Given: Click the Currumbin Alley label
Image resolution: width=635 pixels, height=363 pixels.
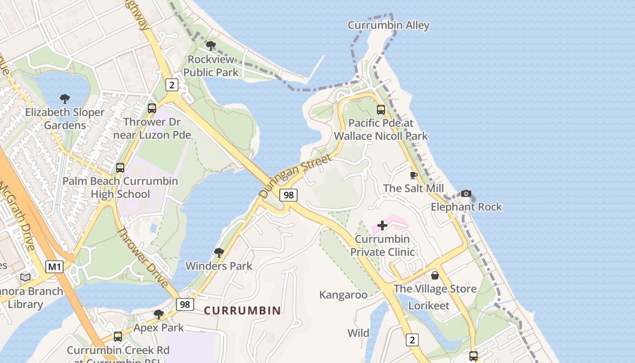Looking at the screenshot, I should tap(388, 25).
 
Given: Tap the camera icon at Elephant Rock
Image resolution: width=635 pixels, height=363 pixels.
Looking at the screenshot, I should tap(466, 194).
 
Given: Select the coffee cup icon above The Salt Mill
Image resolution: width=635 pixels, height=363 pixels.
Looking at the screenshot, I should tap(413, 175).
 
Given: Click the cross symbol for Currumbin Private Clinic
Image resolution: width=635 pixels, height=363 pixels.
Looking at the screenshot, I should tap(382, 225).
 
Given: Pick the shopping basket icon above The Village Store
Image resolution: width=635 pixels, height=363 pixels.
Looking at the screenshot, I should tap(435, 275).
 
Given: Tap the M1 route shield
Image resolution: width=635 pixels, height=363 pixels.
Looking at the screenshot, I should tap(54, 267).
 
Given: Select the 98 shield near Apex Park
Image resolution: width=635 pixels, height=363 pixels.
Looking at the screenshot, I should tap(185, 304).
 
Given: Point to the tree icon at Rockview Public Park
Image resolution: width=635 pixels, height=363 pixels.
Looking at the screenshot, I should tap(210, 45).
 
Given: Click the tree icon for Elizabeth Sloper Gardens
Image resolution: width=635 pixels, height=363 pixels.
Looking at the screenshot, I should tap(65, 98).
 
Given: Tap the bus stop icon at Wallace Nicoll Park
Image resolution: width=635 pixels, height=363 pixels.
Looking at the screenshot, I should tap(381, 109).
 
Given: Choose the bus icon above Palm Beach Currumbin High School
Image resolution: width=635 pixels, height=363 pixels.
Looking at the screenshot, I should tap(120, 167).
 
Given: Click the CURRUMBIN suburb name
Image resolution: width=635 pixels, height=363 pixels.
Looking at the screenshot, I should tap(242, 311).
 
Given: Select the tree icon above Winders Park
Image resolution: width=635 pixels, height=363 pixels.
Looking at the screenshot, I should tap(219, 252).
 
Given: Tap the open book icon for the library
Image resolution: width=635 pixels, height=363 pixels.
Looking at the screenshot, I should tap(25, 277).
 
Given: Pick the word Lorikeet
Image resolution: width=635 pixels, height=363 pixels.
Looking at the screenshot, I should tap(429, 305).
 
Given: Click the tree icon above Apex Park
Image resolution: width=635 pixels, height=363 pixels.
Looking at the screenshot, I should tap(158, 314).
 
